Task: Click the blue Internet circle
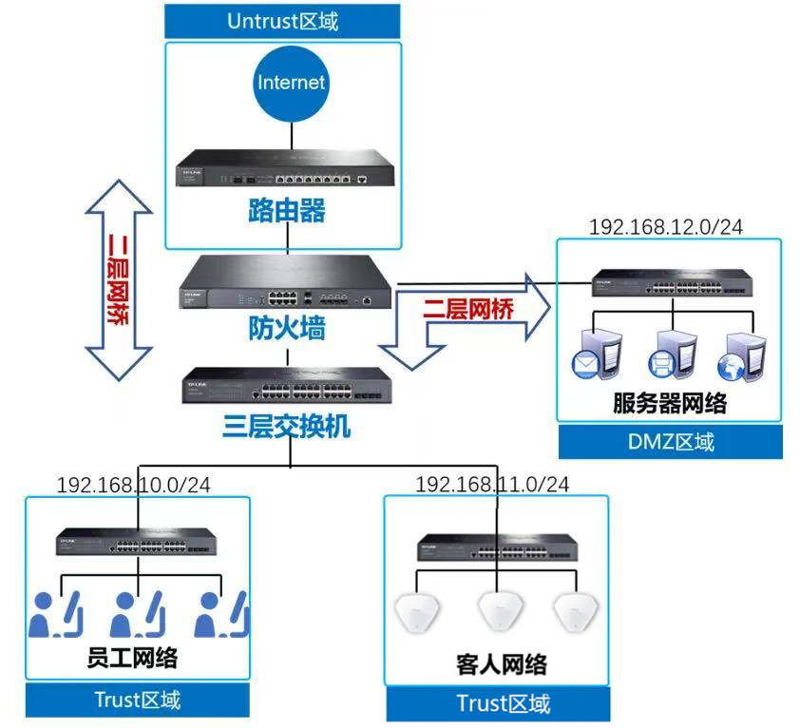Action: [x=291, y=84]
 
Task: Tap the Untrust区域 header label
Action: [x=282, y=21]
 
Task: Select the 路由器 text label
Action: [x=286, y=209]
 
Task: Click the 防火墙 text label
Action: [x=286, y=329]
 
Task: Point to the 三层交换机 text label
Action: [x=286, y=426]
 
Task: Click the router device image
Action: [x=286, y=168]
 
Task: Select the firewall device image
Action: [x=286, y=286]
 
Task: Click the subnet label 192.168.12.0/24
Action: [x=666, y=227]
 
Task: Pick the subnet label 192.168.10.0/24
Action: [x=134, y=485]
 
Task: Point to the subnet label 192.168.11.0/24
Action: [x=492, y=485]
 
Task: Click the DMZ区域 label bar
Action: [x=670, y=441]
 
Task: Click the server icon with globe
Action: [x=740, y=355]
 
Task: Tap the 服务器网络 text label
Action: [x=670, y=403]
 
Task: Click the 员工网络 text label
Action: [x=132, y=658]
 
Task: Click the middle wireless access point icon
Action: [x=496, y=611]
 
